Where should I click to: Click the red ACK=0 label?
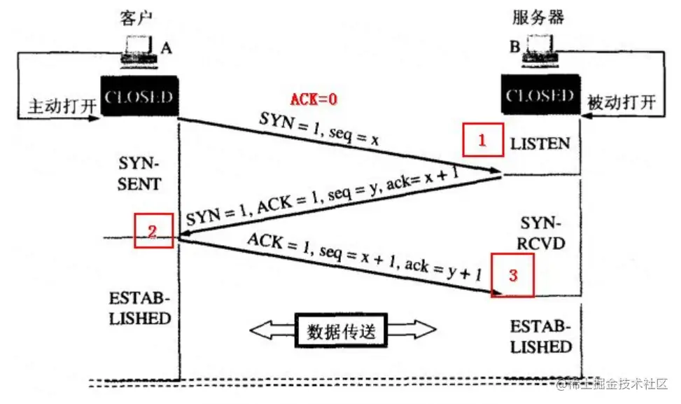click(314, 99)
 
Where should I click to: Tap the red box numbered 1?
click(482, 140)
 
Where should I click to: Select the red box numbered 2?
click(154, 230)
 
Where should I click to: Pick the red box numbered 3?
click(512, 275)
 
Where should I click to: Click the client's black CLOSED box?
click(139, 96)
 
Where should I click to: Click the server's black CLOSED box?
click(540, 95)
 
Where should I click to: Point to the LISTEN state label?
click(540, 144)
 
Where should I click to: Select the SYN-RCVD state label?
click(540, 232)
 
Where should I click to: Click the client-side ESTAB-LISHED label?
click(139, 309)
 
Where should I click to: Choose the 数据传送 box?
click(342, 330)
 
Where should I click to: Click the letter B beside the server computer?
click(514, 48)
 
